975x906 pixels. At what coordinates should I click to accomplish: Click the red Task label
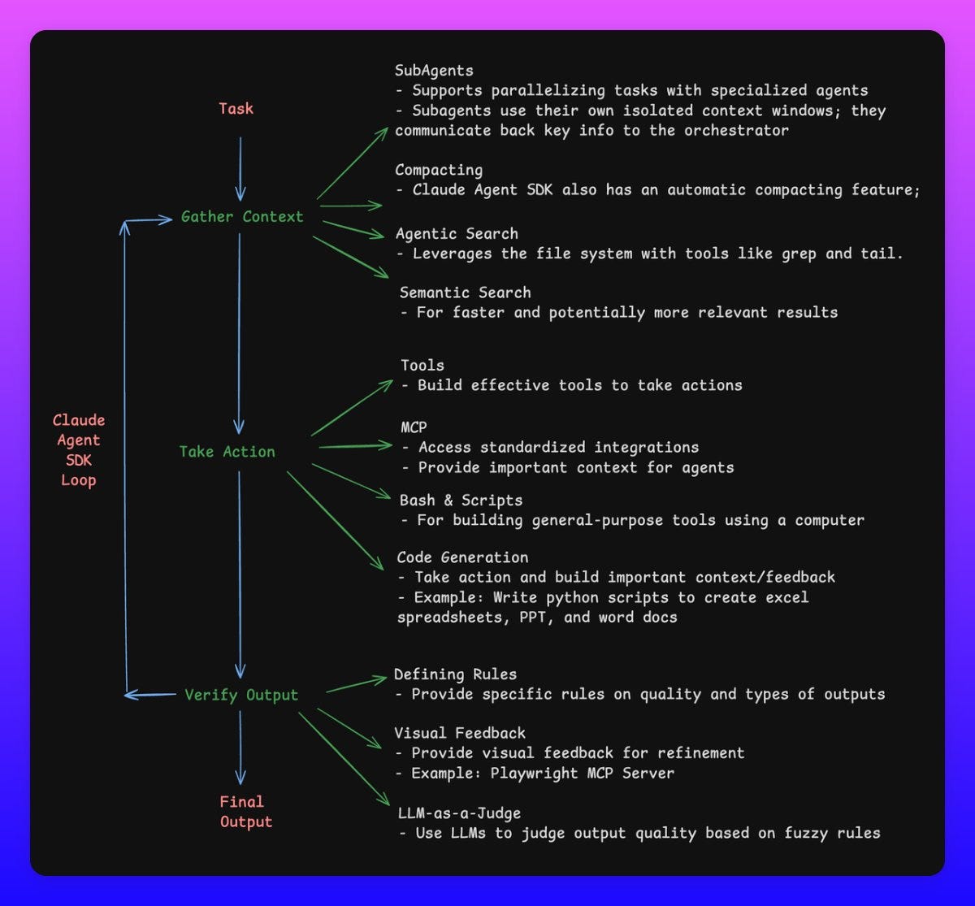tap(236, 109)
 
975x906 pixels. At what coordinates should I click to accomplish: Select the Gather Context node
tap(241, 217)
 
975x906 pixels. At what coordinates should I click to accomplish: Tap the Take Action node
tap(227, 452)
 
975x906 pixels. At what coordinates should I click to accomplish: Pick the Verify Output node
tap(241, 695)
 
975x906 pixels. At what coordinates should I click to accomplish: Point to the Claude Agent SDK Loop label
tap(79, 450)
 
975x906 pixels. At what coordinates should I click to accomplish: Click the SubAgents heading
tap(434, 71)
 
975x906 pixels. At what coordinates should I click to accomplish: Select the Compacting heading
tap(439, 170)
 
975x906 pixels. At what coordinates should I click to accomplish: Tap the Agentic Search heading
tap(457, 234)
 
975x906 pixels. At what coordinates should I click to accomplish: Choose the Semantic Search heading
tap(465, 293)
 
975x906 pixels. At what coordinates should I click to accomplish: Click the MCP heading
tap(414, 427)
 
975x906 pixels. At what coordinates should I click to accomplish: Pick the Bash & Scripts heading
tap(461, 500)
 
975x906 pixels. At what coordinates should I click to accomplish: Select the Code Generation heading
tap(462, 557)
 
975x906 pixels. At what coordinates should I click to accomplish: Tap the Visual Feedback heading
tap(460, 733)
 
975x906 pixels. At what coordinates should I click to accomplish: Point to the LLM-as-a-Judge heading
tap(457, 813)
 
